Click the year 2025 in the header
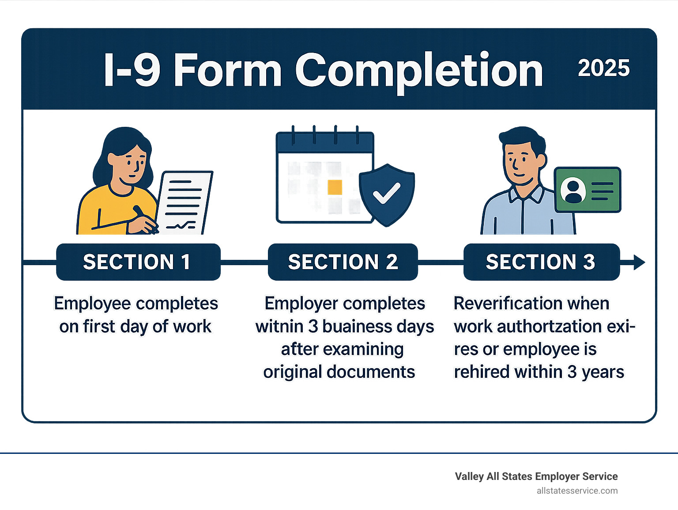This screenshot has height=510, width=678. [x=603, y=68]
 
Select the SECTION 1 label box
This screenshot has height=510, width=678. [x=138, y=262]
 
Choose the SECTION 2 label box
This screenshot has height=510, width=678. [x=343, y=262]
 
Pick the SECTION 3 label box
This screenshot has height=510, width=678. [x=542, y=262]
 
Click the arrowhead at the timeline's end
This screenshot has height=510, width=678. [x=639, y=262]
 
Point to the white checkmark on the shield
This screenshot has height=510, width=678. [x=386, y=193]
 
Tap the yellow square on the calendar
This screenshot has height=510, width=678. [x=335, y=187]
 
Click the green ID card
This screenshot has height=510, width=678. [x=588, y=190]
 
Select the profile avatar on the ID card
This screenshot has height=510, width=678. [x=573, y=190]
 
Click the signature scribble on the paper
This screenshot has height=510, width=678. [x=181, y=225]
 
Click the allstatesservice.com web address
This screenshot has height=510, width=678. [x=577, y=491]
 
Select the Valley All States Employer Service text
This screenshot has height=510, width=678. [x=536, y=476]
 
